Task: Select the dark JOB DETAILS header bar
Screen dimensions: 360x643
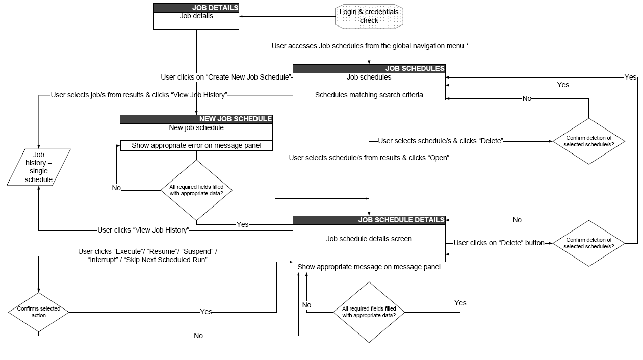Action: click(x=196, y=8)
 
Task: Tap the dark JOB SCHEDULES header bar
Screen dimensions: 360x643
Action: click(x=369, y=68)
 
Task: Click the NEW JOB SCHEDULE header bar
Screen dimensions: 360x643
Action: click(x=196, y=119)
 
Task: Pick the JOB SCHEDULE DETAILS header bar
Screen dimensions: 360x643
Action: click(x=369, y=220)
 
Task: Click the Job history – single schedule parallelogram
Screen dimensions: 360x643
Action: click(x=39, y=167)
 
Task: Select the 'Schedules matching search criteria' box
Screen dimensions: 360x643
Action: click(x=369, y=95)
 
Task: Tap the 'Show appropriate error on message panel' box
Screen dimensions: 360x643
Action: click(x=196, y=145)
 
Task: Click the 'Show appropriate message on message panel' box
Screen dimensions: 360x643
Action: click(x=369, y=267)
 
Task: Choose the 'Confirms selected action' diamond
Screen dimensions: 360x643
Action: click(x=39, y=312)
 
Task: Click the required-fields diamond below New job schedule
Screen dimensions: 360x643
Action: click(x=196, y=190)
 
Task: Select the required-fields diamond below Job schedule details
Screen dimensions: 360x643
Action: click(x=369, y=312)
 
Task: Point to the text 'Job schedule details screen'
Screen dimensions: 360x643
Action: click(x=369, y=239)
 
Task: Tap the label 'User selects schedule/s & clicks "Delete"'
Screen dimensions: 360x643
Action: click(x=441, y=141)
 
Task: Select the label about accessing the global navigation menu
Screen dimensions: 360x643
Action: click(x=370, y=46)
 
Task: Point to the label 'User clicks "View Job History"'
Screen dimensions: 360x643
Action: click(x=143, y=230)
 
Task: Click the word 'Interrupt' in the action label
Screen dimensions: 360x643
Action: click(x=101, y=260)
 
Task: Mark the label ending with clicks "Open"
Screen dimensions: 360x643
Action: click(x=369, y=158)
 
